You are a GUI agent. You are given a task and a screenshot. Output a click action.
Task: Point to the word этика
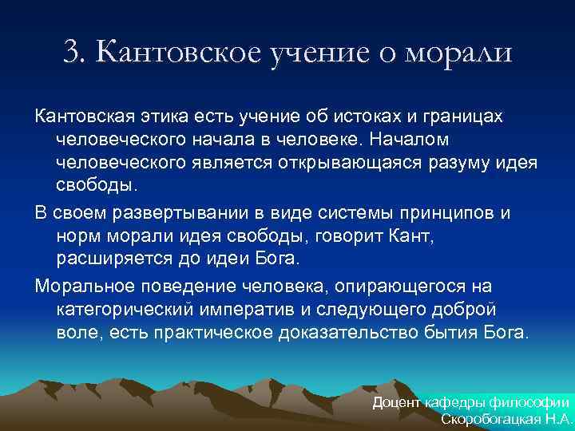tap(165, 117)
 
